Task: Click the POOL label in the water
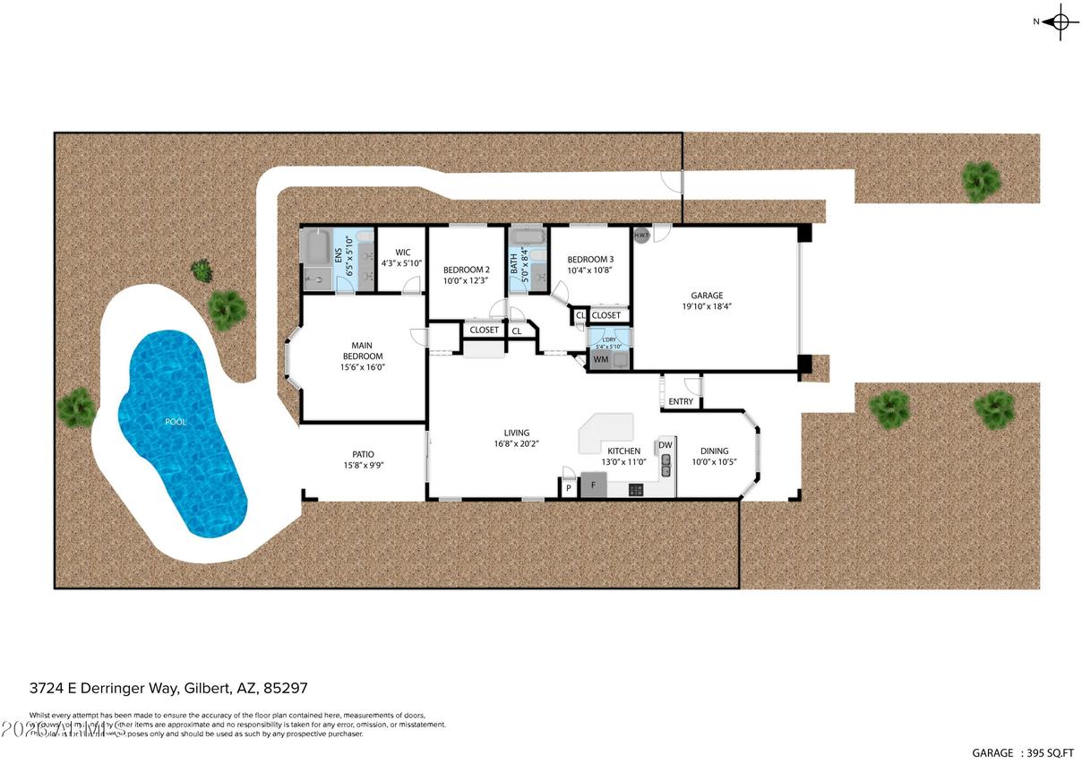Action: pyautogui.click(x=176, y=422)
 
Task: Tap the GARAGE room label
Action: pyautogui.click(x=706, y=296)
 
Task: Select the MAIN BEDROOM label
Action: pyautogui.click(x=361, y=350)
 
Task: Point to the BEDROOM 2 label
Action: pyautogui.click(x=466, y=270)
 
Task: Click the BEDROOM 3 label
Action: pyautogui.click(x=590, y=260)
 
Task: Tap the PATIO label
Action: pyautogui.click(x=363, y=454)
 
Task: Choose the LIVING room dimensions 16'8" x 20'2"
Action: pyautogui.click(x=516, y=444)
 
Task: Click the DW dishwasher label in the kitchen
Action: pyautogui.click(x=666, y=445)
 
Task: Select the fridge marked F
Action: pyautogui.click(x=593, y=485)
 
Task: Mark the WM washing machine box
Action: pyautogui.click(x=600, y=360)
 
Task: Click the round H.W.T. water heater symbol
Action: pyautogui.click(x=641, y=236)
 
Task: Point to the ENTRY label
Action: pyautogui.click(x=681, y=401)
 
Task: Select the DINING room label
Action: pyautogui.click(x=714, y=451)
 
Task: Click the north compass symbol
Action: pyautogui.click(x=1060, y=21)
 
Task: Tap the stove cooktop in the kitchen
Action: pyautogui.click(x=636, y=489)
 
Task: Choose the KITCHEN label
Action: pyautogui.click(x=623, y=451)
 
